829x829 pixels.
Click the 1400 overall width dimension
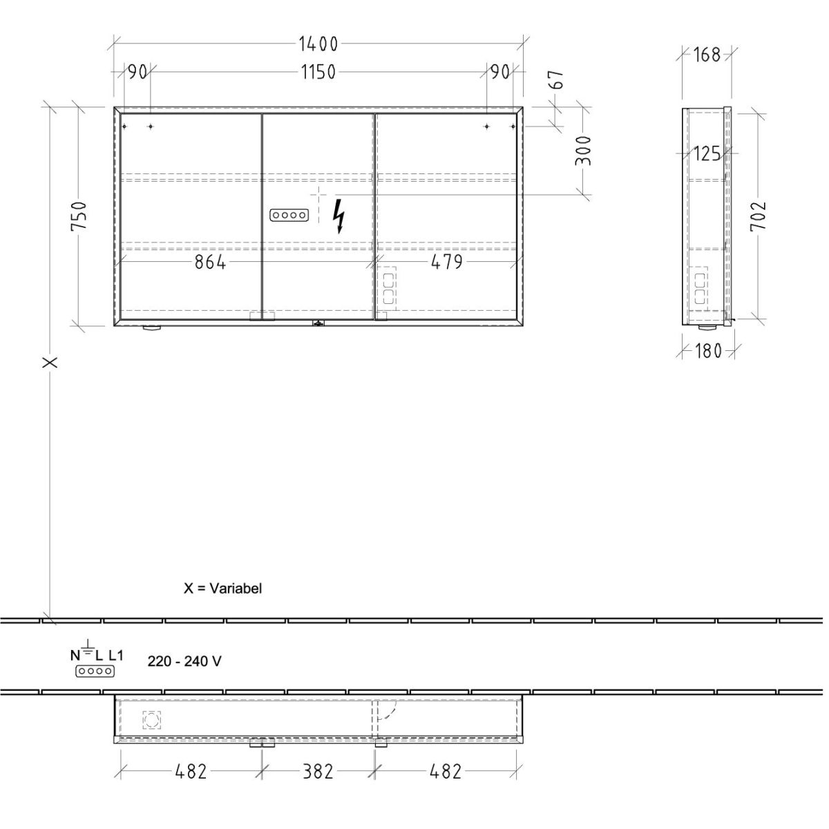pyautogui.click(x=318, y=44)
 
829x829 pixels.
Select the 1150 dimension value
pyautogui.click(x=318, y=72)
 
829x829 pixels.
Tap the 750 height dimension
pyautogui.click(x=79, y=216)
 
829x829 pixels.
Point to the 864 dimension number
pyautogui.click(x=210, y=262)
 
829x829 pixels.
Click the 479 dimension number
pyautogui.click(x=446, y=262)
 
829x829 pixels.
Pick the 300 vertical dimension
pyautogui.click(x=584, y=151)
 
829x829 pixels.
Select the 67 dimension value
pyautogui.click(x=557, y=80)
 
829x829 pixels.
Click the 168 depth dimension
pyautogui.click(x=707, y=55)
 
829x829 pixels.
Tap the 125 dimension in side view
pyautogui.click(x=707, y=153)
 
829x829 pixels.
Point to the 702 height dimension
pyautogui.click(x=758, y=216)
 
